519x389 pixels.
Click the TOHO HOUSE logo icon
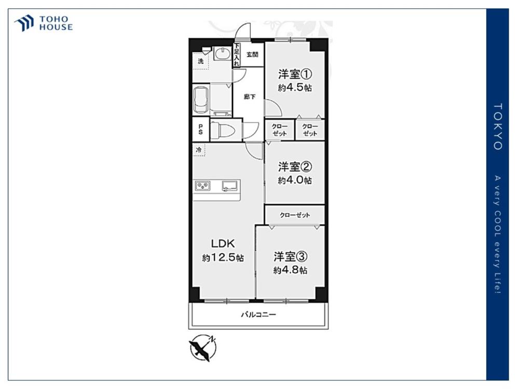pyautogui.click(x=24, y=23)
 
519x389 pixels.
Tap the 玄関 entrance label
pyautogui.click(x=252, y=54)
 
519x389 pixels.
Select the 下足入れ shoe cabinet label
pyautogui.click(x=236, y=55)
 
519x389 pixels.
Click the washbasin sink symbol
pyautogui.click(x=222, y=53)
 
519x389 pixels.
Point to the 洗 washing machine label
pyautogui.click(x=200, y=61)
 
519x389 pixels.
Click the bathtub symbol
pyautogui.click(x=201, y=100)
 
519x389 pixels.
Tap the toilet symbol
pyautogui.click(x=223, y=130)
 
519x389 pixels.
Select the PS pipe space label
pyautogui.click(x=200, y=129)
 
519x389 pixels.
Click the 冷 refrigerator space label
pyautogui.click(x=199, y=150)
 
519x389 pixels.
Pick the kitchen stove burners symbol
pyautogui.click(x=202, y=186)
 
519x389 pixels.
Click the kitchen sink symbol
pyautogui.click(x=230, y=186)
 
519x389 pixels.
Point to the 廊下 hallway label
pyautogui.click(x=249, y=97)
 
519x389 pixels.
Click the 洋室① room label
pyautogui.click(x=295, y=74)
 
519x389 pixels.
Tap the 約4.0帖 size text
pyautogui.click(x=295, y=180)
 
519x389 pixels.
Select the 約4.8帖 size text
pyautogui.click(x=290, y=270)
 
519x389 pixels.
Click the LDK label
pyautogui.click(x=223, y=244)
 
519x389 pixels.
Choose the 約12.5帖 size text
pyautogui.click(x=223, y=258)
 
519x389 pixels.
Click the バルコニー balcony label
pyautogui.click(x=258, y=314)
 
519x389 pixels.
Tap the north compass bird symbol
pyautogui.click(x=202, y=348)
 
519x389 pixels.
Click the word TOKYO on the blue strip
pyautogui.click(x=498, y=127)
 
